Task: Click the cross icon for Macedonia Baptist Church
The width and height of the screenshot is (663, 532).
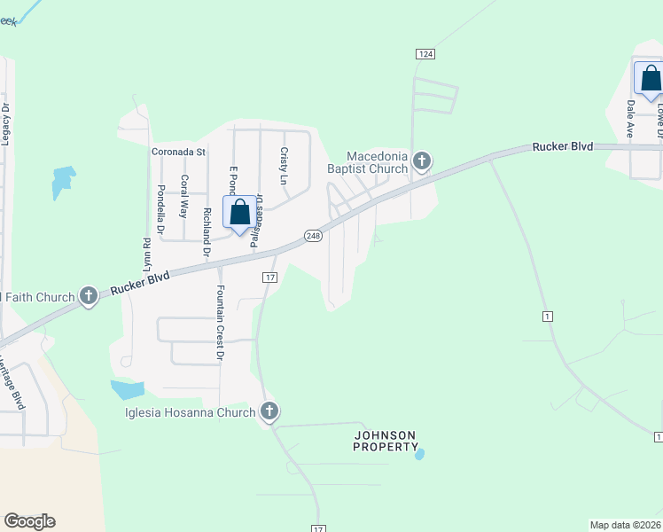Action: (x=422, y=161)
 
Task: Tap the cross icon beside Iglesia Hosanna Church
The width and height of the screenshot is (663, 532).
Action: (x=269, y=411)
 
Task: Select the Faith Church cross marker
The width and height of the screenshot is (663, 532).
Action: (x=88, y=296)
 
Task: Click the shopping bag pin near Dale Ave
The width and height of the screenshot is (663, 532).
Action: (x=651, y=79)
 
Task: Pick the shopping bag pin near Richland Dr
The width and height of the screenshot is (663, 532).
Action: (x=239, y=213)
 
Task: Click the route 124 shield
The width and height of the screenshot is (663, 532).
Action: (x=425, y=54)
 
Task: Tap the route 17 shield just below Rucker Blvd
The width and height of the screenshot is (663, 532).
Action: (x=270, y=278)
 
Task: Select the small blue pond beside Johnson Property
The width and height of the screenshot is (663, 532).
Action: (x=419, y=454)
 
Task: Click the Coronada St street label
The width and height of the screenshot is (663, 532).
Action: (x=178, y=152)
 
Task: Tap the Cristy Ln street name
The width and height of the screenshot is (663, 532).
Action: (x=285, y=166)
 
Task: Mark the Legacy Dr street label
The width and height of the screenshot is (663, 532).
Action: (x=5, y=124)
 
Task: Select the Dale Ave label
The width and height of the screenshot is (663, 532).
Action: (x=631, y=117)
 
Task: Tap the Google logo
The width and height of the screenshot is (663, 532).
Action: (x=29, y=521)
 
